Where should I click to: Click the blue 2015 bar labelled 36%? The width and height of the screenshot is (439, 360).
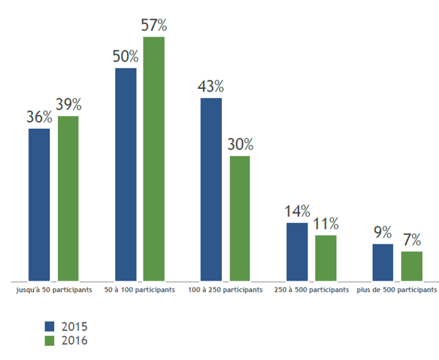pos(39,205)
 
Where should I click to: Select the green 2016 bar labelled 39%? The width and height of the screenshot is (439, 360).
pos(68,199)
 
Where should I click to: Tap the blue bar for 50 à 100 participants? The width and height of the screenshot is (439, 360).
pos(126,175)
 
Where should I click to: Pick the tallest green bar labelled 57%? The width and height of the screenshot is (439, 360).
pos(153,159)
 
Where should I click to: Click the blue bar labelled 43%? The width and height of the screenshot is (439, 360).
pos(211,190)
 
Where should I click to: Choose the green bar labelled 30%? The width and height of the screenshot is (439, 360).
pos(240,219)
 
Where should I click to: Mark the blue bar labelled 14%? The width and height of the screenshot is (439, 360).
pos(297,252)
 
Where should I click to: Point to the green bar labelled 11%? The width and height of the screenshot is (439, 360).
pos(326,258)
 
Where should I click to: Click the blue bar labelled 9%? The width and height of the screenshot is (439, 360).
pos(383,263)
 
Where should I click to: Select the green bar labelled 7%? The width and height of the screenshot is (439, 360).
pos(412,266)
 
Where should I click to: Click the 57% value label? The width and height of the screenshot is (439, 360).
pos(153,25)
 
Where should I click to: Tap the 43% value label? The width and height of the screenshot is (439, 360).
pos(211,86)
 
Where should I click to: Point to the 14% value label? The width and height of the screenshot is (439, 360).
pos(297,211)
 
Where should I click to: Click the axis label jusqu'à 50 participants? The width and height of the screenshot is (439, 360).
pos(54,290)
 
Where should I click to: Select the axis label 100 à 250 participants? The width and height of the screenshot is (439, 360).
pos(226,290)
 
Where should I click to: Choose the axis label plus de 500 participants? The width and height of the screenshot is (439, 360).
pos(396,290)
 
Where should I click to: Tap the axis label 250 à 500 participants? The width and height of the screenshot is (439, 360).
pos(311,290)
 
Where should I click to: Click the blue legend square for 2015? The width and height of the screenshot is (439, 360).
pos(50,326)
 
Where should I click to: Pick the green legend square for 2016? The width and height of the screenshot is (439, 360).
pos(50,341)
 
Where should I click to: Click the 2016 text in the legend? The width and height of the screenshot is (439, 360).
pos(75,341)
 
